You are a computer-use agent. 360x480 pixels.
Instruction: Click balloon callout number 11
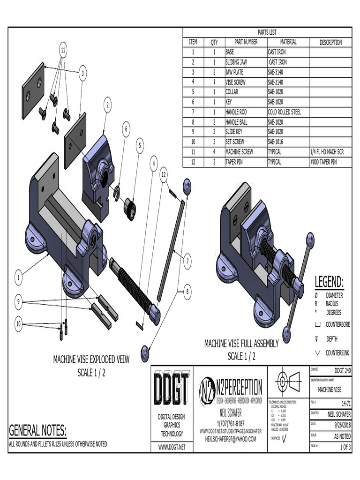(63, 49)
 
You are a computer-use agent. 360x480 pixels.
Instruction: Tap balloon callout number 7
(187, 261)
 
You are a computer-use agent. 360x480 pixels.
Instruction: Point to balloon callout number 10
(18, 324)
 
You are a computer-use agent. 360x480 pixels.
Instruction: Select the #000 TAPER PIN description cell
(324, 163)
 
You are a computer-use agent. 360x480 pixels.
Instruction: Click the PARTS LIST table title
(267, 32)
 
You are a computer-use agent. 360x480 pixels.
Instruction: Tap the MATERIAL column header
(288, 42)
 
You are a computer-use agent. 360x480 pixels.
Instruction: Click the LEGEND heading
(329, 283)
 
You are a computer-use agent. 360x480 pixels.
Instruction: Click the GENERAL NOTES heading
(38, 430)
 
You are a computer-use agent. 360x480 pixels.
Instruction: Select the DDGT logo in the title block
(172, 389)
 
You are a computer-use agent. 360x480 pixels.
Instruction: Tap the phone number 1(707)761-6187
(231, 423)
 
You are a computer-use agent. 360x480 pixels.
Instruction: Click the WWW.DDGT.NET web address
(172, 447)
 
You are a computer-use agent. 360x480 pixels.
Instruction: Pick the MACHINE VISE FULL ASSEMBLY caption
(241, 344)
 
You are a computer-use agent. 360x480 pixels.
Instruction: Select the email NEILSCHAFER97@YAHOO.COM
(231, 439)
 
